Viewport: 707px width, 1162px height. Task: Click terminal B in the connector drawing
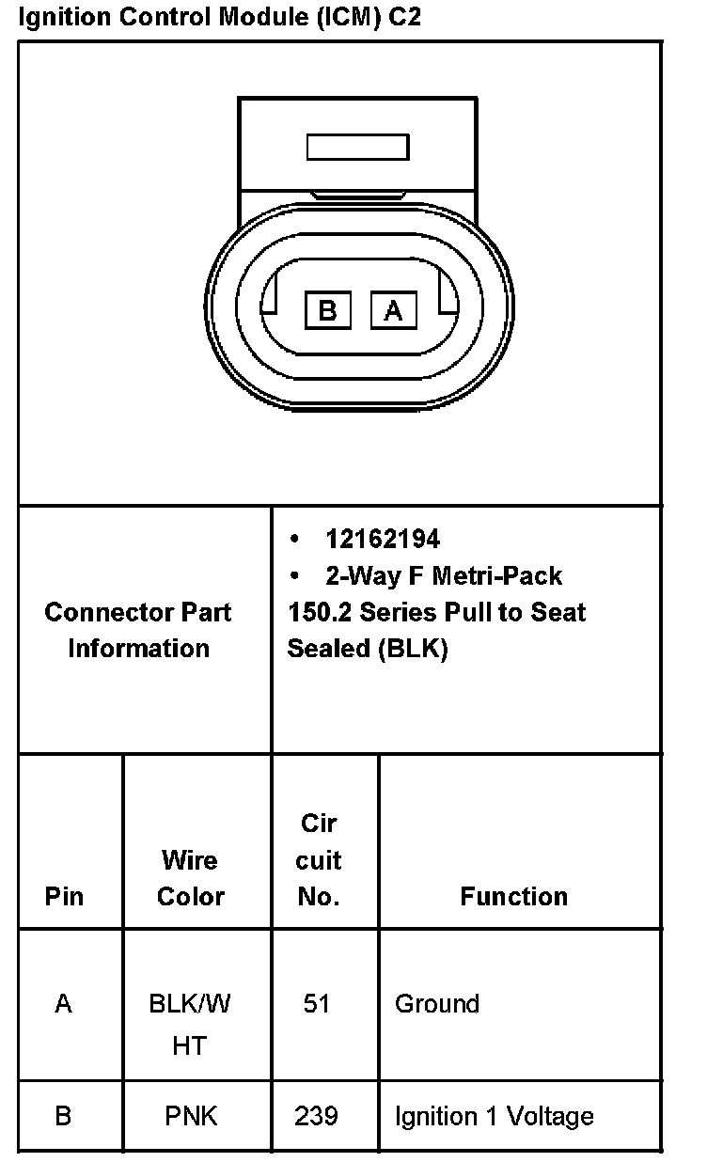[x=327, y=309]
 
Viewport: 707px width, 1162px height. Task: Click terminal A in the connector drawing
[x=393, y=309]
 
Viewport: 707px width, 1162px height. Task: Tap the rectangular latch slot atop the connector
[x=357, y=148]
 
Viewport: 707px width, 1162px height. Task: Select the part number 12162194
[x=382, y=539]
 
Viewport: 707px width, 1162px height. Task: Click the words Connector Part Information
[x=138, y=630]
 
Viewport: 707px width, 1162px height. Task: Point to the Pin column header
[x=63, y=896]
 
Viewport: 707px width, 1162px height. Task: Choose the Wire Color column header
[x=190, y=878]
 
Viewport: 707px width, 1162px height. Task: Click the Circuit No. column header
[x=319, y=859]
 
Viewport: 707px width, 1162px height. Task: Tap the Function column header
[x=513, y=896]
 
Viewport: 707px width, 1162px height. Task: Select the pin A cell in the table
[x=63, y=1003]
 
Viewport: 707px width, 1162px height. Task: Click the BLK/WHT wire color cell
[x=190, y=1024]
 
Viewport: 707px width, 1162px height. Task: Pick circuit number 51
[x=317, y=1003]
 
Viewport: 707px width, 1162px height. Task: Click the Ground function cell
[x=437, y=1003]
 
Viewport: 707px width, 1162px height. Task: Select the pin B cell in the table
[x=63, y=1116]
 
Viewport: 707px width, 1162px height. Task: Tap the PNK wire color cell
[x=190, y=1116]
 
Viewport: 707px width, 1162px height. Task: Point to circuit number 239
[x=317, y=1116]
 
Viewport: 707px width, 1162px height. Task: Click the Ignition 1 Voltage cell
[x=495, y=1116]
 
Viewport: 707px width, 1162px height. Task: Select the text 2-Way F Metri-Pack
[x=444, y=574]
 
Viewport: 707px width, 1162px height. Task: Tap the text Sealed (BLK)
[x=368, y=648]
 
